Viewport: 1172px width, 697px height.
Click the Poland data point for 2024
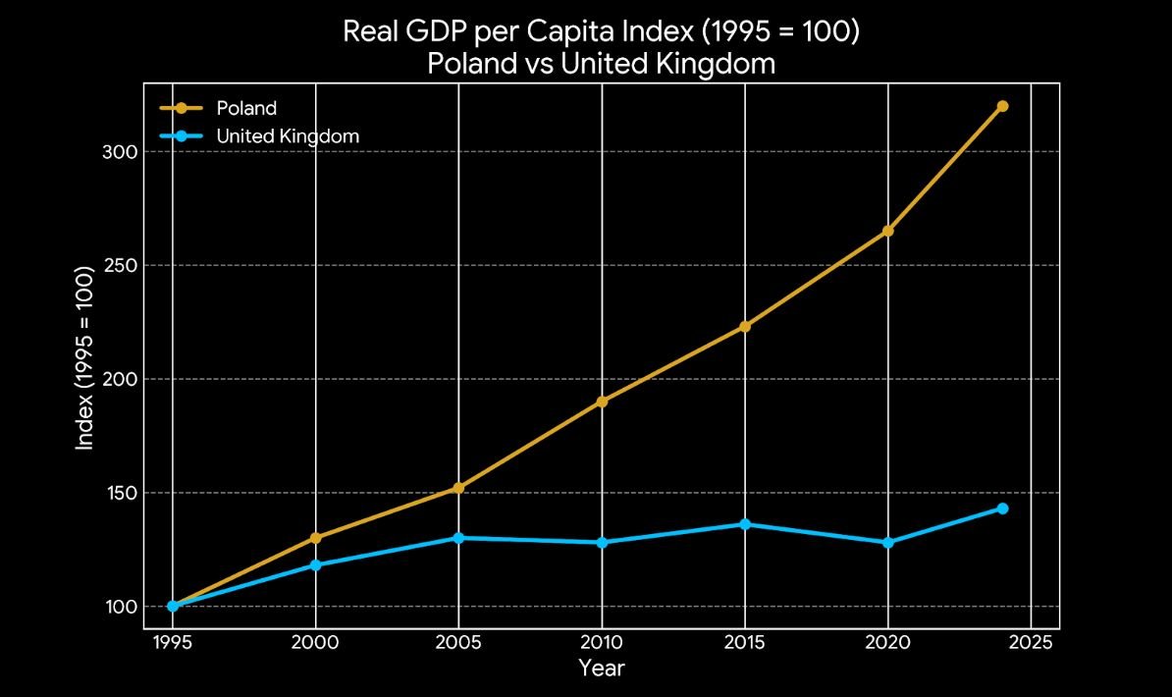pyautogui.click(x=1002, y=106)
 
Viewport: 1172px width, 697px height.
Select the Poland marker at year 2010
pyautogui.click(x=602, y=402)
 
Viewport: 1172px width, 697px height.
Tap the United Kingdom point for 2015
pyautogui.click(x=745, y=524)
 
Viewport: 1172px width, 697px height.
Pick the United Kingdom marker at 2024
pyautogui.click(x=1002, y=509)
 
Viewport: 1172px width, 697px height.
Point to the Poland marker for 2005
pyautogui.click(x=458, y=488)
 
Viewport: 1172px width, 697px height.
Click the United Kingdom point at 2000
pyautogui.click(x=315, y=565)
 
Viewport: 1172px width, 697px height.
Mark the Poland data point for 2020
pyautogui.click(x=888, y=231)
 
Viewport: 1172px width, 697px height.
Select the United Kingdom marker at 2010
pyautogui.click(x=602, y=543)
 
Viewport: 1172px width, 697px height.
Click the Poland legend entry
pyautogui.click(x=246, y=108)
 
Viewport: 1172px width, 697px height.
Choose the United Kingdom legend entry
pyautogui.click(x=288, y=136)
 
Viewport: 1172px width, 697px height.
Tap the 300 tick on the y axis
pyautogui.click(x=117, y=152)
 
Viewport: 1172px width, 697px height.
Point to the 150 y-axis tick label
pyautogui.click(x=117, y=493)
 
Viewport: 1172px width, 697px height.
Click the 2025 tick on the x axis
pyautogui.click(x=1031, y=642)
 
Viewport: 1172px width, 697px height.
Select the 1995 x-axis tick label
pyautogui.click(x=173, y=642)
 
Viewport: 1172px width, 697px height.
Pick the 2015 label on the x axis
pyautogui.click(x=745, y=642)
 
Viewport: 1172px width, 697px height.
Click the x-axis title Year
pyautogui.click(x=601, y=670)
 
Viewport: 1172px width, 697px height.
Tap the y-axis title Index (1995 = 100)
pyautogui.click(x=85, y=356)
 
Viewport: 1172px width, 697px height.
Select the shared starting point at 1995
pyautogui.click(x=173, y=606)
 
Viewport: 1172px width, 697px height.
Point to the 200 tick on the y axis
pyautogui.click(x=117, y=379)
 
